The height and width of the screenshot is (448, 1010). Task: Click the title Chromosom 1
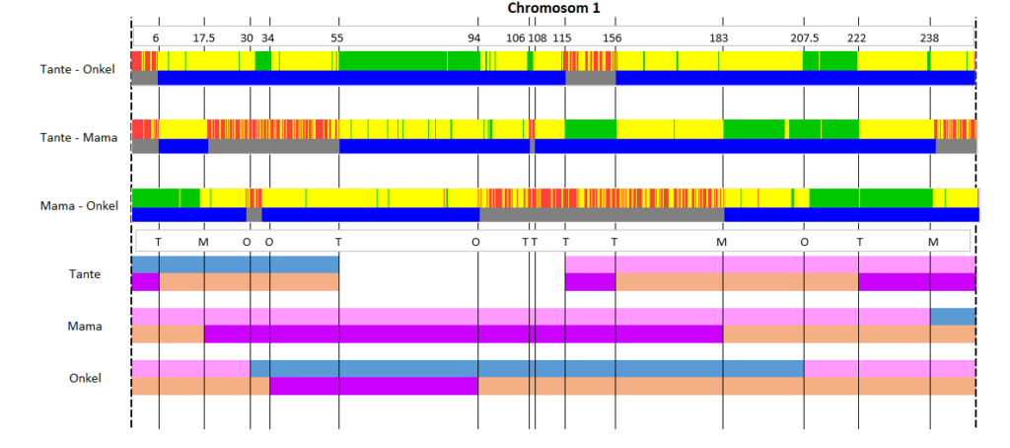554,8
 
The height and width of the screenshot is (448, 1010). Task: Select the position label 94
474,37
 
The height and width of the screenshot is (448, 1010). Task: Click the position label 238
929,37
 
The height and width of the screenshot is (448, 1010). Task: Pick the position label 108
538,37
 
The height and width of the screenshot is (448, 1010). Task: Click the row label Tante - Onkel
77,69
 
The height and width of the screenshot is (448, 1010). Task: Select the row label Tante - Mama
79,137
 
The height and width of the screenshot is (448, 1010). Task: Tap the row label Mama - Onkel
79,206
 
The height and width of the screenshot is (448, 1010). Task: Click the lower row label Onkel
85,378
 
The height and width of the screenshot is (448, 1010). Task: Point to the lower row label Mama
85,327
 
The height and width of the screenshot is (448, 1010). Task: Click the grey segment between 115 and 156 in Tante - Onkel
591,77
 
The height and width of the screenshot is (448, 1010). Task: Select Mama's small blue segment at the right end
953,317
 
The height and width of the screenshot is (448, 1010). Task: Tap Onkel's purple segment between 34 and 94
374,386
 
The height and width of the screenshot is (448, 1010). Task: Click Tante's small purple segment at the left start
146,281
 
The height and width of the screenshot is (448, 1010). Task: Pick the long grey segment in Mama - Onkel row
602,215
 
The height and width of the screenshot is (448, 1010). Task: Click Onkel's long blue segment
527,369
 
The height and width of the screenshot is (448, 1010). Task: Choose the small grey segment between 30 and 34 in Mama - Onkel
253,215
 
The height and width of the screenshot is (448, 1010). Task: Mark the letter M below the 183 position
721,242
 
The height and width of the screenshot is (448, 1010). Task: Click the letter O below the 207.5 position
804,242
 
